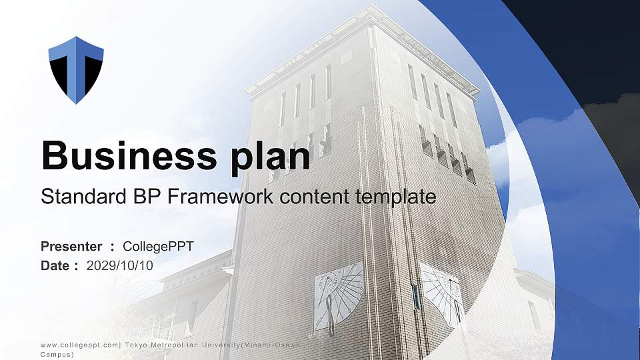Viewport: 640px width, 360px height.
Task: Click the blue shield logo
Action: coord(76,70)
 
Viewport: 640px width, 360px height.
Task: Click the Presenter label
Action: coord(71,247)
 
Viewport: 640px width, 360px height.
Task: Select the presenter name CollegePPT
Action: coord(159,247)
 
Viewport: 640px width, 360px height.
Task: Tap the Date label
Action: coord(55,265)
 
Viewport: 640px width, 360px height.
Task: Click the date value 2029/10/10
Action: coord(120,265)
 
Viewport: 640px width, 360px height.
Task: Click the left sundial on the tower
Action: coord(338,295)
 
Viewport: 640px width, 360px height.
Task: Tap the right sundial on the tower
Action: coord(442,293)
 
